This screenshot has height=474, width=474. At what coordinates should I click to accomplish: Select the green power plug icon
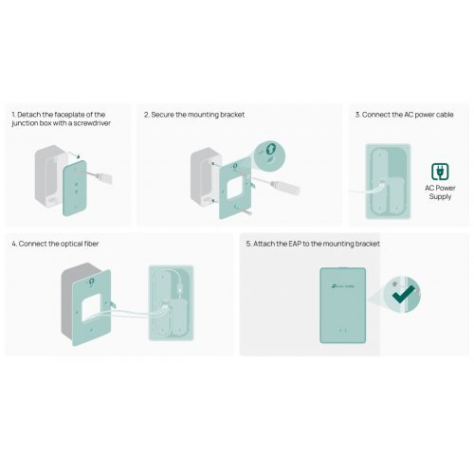coord(439,170)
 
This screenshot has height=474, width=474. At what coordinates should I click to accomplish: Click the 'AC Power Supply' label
coord(439,192)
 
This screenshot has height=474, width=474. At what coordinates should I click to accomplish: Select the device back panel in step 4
coord(171,301)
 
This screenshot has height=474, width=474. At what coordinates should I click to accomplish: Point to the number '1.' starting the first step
coord(14,114)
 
